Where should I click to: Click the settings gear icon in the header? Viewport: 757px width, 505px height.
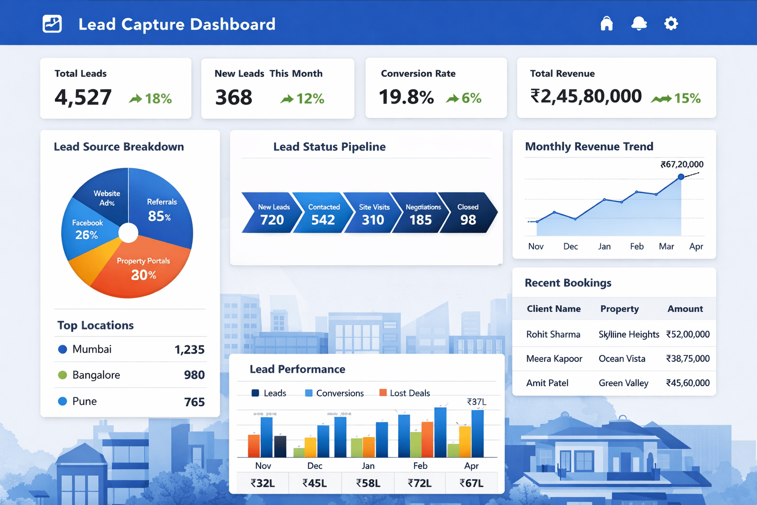pos(671,23)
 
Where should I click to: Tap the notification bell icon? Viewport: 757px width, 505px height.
pos(639,23)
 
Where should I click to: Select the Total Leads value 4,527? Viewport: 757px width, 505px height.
pos(83,97)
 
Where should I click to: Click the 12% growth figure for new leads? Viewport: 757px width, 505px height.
pos(310,99)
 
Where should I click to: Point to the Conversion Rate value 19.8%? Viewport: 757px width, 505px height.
pos(406,97)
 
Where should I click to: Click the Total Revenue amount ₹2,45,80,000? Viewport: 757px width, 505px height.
pos(585,96)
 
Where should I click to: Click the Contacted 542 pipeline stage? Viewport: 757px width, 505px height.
pos(323,214)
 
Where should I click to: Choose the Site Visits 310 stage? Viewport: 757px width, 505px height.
pos(374,214)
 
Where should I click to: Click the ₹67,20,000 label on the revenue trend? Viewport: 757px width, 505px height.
pos(682,164)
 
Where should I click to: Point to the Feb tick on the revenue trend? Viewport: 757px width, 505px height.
pos(637,246)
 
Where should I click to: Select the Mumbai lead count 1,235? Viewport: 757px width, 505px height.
pos(189,350)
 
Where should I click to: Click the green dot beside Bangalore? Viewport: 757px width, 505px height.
pos(63,375)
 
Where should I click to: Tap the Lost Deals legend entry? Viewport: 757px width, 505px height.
pos(405,393)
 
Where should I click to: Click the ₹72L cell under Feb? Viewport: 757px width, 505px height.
pos(419,483)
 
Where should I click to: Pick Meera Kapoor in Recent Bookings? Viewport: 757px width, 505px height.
pos(554,359)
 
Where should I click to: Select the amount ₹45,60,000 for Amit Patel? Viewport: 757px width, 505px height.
pos(688,383)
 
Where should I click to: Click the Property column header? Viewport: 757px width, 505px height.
pos(619,309)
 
